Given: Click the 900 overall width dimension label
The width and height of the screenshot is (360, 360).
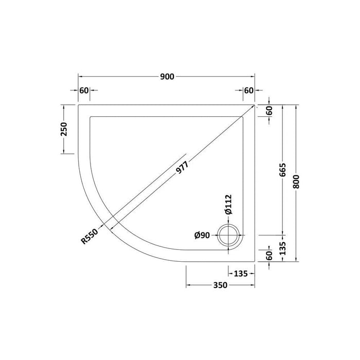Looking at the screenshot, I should click(x=168, y=77).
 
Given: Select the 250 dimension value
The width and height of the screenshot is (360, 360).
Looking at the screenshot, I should click(x=64, y=129).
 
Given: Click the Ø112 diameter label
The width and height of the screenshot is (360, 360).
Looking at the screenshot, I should click(x=229, y=205).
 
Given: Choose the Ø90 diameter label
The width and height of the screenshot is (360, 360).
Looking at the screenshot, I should click(x=202, y=236).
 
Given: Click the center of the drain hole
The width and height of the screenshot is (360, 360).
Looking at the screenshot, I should click(x=229, y=236).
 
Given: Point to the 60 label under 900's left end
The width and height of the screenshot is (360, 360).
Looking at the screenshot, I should click(x=84, y=91).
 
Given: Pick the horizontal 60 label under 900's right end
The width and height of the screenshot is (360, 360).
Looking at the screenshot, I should click(x=249, y=91).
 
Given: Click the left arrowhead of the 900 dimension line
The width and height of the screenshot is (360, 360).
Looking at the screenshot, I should click(x=80, y=77).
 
